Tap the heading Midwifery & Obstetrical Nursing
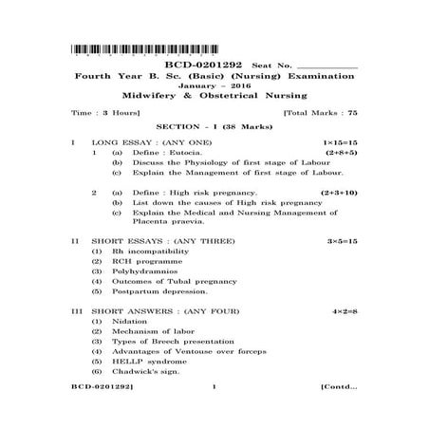[x=214, y=95]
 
